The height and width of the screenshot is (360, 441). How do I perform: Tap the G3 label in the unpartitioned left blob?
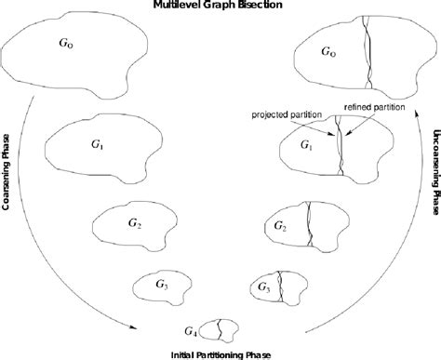161,282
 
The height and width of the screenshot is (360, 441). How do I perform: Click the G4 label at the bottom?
191,330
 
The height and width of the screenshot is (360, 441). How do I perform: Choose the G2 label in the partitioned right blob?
280,226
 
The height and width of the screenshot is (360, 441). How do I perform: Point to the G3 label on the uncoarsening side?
263,287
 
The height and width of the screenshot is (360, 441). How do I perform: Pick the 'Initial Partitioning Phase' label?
220,353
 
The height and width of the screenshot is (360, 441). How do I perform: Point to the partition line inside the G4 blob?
218,327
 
